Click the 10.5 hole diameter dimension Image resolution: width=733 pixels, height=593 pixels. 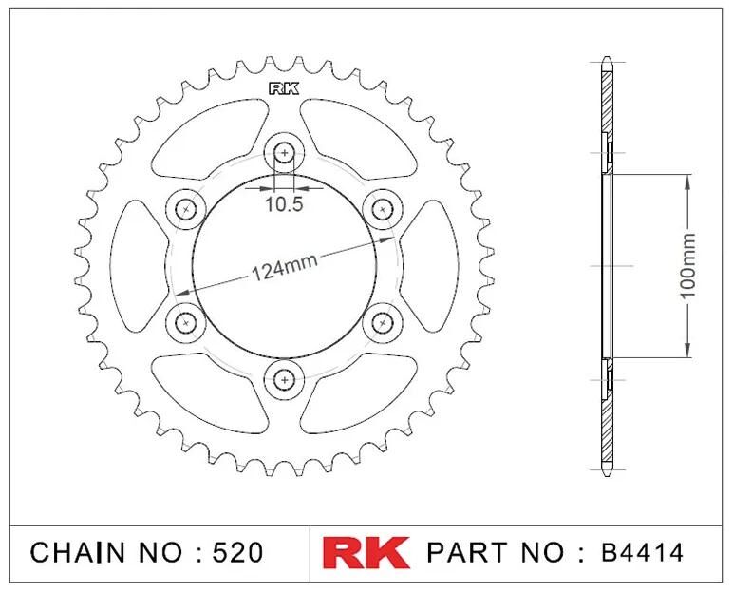(284, 203)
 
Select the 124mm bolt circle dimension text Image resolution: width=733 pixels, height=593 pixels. (285, 268)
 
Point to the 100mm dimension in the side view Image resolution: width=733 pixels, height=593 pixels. (687, 265)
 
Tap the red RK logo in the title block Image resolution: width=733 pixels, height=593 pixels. (366, 553)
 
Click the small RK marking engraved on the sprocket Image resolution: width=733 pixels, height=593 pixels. (284, 88)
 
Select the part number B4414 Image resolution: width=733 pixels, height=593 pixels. (642, 553)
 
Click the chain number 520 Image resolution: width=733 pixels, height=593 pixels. (238, 553)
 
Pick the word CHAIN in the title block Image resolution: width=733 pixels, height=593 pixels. (78, 553)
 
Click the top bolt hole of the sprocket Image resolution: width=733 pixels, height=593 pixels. (284, 152)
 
